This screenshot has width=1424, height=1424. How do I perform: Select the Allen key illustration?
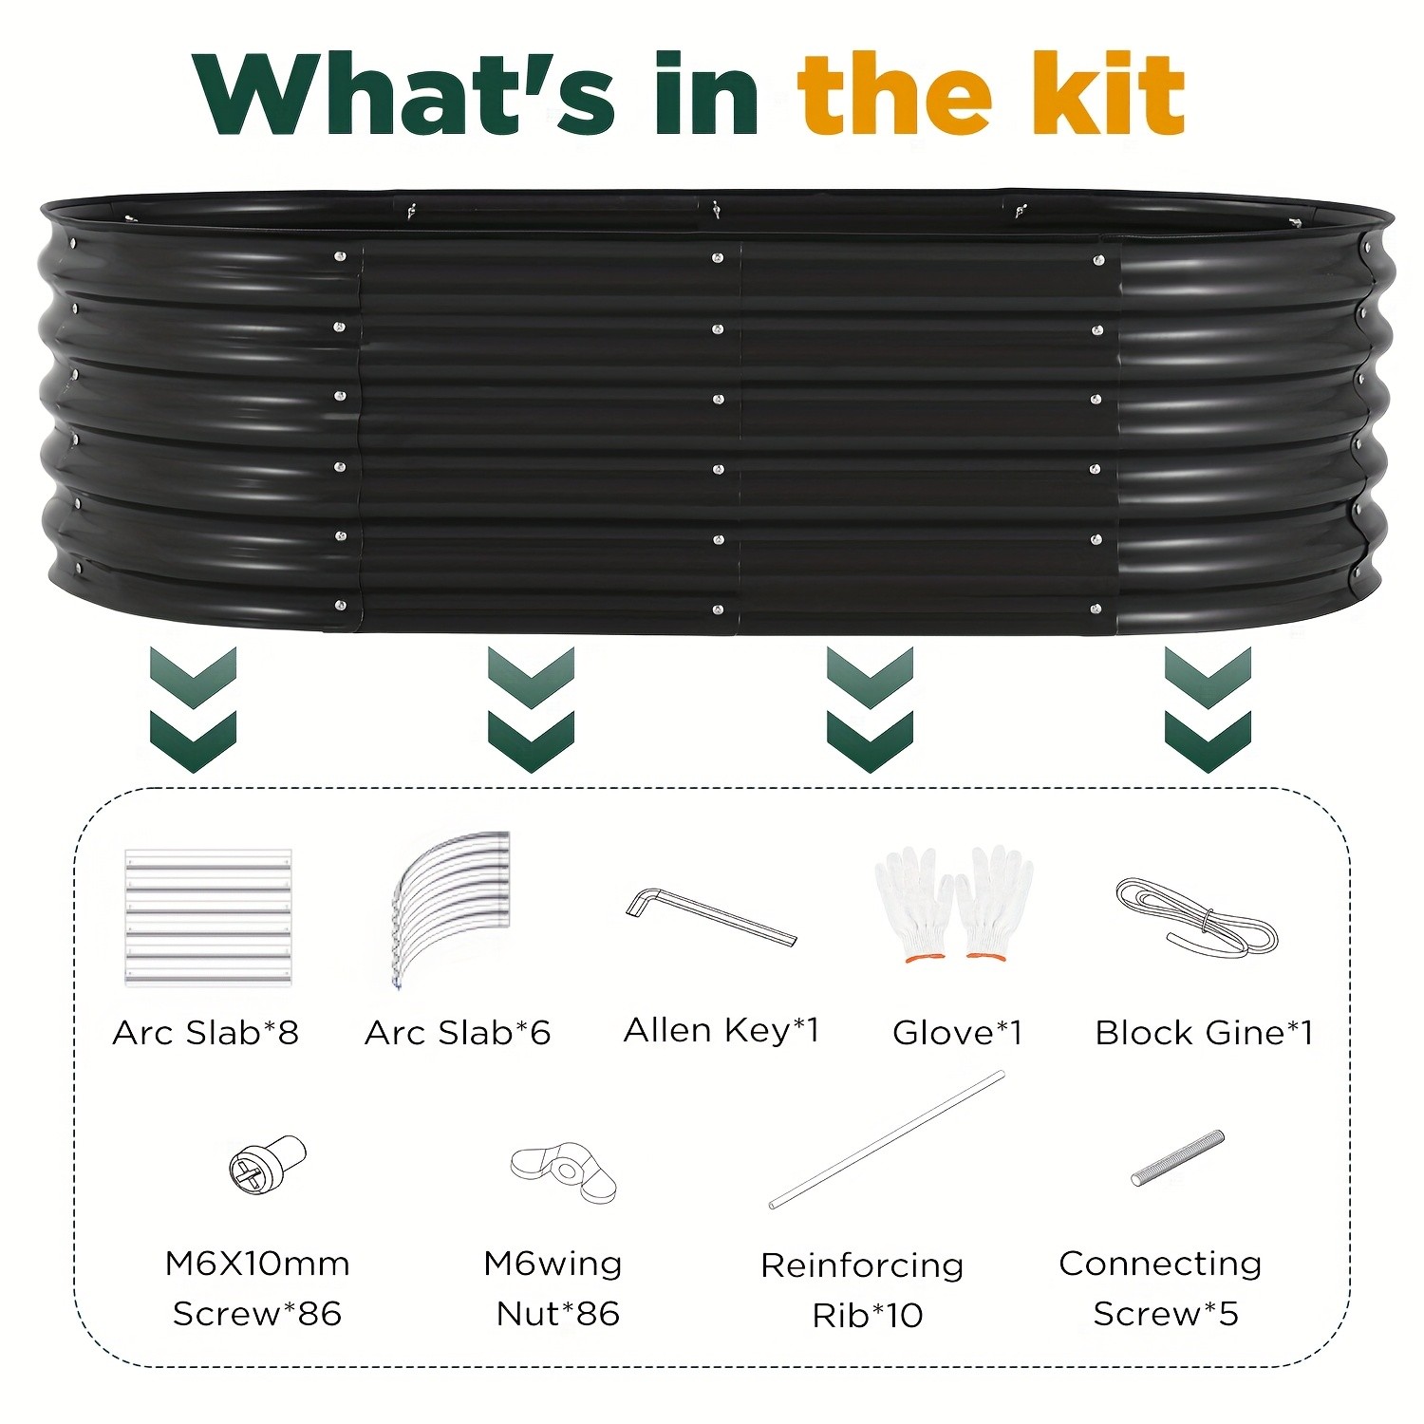711,915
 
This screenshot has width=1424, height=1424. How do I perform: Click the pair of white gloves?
954,904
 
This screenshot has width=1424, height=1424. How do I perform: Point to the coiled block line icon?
1196,916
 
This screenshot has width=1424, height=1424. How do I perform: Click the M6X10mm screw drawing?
268,1164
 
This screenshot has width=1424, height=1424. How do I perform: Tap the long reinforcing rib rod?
887,1139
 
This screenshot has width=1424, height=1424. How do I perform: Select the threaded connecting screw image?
1177,1158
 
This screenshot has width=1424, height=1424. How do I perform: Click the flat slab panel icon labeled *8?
208,918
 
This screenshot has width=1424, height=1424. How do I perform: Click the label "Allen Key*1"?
721,1030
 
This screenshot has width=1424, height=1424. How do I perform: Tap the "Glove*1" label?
957,1032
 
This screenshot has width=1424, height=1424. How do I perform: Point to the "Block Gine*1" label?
1204,1032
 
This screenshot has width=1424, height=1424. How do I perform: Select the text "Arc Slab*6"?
458,1032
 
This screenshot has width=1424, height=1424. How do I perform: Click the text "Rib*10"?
868,1315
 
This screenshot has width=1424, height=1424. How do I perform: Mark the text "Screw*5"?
1166,1314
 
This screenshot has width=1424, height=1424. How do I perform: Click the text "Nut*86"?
558,1314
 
